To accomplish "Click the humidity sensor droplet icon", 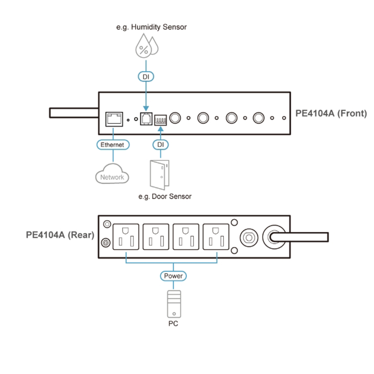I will pyautogui.click(x=146, y=46).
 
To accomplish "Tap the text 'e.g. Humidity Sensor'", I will pyautogui.click(x=151, y=27).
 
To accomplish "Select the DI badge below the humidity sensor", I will pyautogui.click(x=145, y=76).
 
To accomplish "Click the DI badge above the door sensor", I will pyautogui.click(x=160, y=145).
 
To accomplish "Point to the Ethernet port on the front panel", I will pyautogui.click(x=114, y=118).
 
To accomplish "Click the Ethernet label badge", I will pyautogui.click(x=112, y=145).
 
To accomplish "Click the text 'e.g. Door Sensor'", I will pyautogui.click(x=165, y=196).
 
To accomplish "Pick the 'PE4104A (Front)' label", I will pyautogui.click(x=331, y=113).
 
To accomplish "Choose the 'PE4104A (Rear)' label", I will pyautogui.click(x=60, y=236).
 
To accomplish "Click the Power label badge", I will pyautogui.click(x=173, y=276).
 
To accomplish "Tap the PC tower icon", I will pyautogui.click(x=173, y=303).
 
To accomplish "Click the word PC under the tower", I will pyautogui.click(x=173, y=324).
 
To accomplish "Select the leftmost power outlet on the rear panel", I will pyautogui.click(x=127, y=237).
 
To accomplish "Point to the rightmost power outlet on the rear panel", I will pyautogui.click(x=216, y=237).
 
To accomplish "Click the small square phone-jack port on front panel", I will pyautogui.click(x=145, y=118).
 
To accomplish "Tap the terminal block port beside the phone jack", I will pyautogui.click(x=160, y=119).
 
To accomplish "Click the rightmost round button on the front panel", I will pyautogui.click(x=259, y=118).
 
